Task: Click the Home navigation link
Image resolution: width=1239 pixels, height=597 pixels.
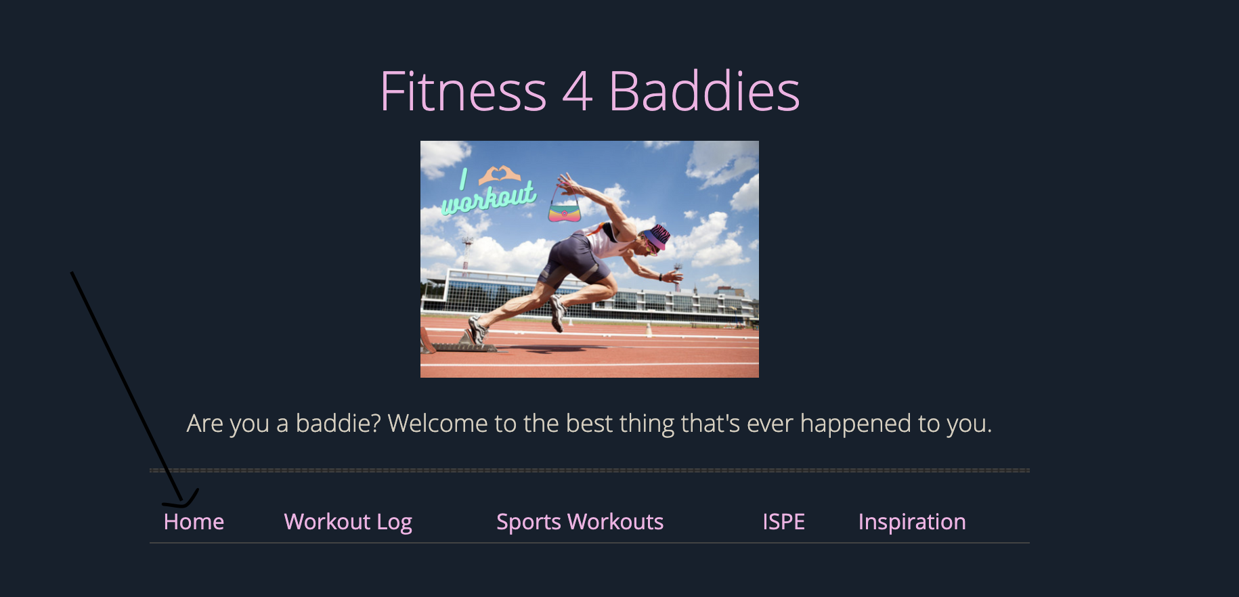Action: (x=194, y=522)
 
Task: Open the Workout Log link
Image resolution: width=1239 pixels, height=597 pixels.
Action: (x=348, y=522)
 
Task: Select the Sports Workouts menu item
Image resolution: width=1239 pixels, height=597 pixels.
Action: (x=580, y=522)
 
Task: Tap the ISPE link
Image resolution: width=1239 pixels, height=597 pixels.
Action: (x=783, y=522)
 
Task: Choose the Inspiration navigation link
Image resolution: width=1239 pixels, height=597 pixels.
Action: (x=912, y=522)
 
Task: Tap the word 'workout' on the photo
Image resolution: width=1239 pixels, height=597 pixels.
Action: (x=489, y=198)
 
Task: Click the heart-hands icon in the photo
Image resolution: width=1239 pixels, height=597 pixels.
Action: (x=499, y=175)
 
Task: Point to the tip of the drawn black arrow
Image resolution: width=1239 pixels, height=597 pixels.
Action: (x=181, y=504)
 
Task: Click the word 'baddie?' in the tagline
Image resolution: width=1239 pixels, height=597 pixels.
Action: (x=338, y=424)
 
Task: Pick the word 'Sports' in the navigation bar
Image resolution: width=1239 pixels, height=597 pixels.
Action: (x=529, y=522)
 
